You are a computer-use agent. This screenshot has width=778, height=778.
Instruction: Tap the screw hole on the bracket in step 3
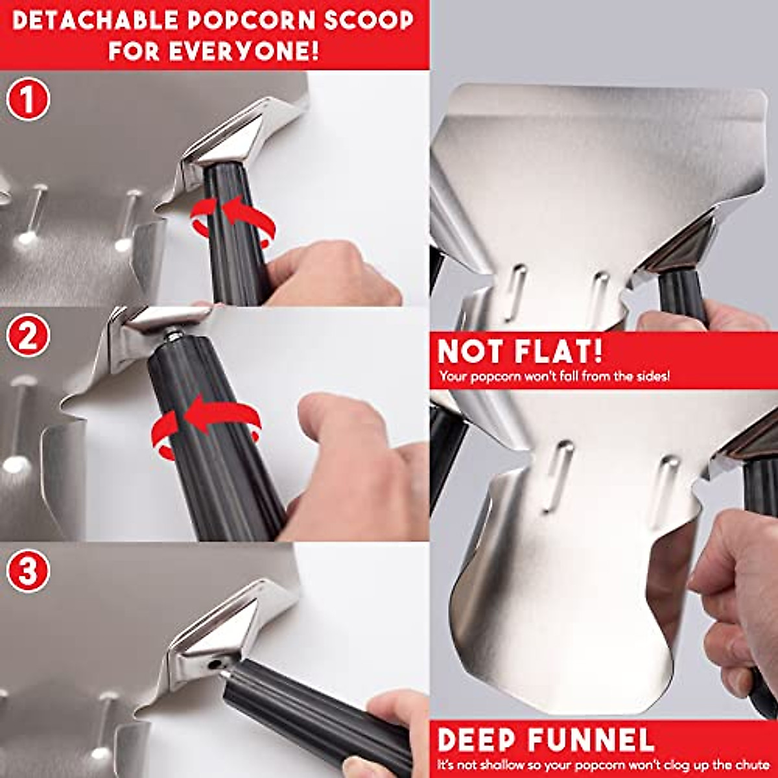[x=214, y=663]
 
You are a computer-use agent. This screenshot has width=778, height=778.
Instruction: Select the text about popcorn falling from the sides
[x=554, y=375]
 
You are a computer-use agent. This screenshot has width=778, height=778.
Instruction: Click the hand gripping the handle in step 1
[x=331, y=276]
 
